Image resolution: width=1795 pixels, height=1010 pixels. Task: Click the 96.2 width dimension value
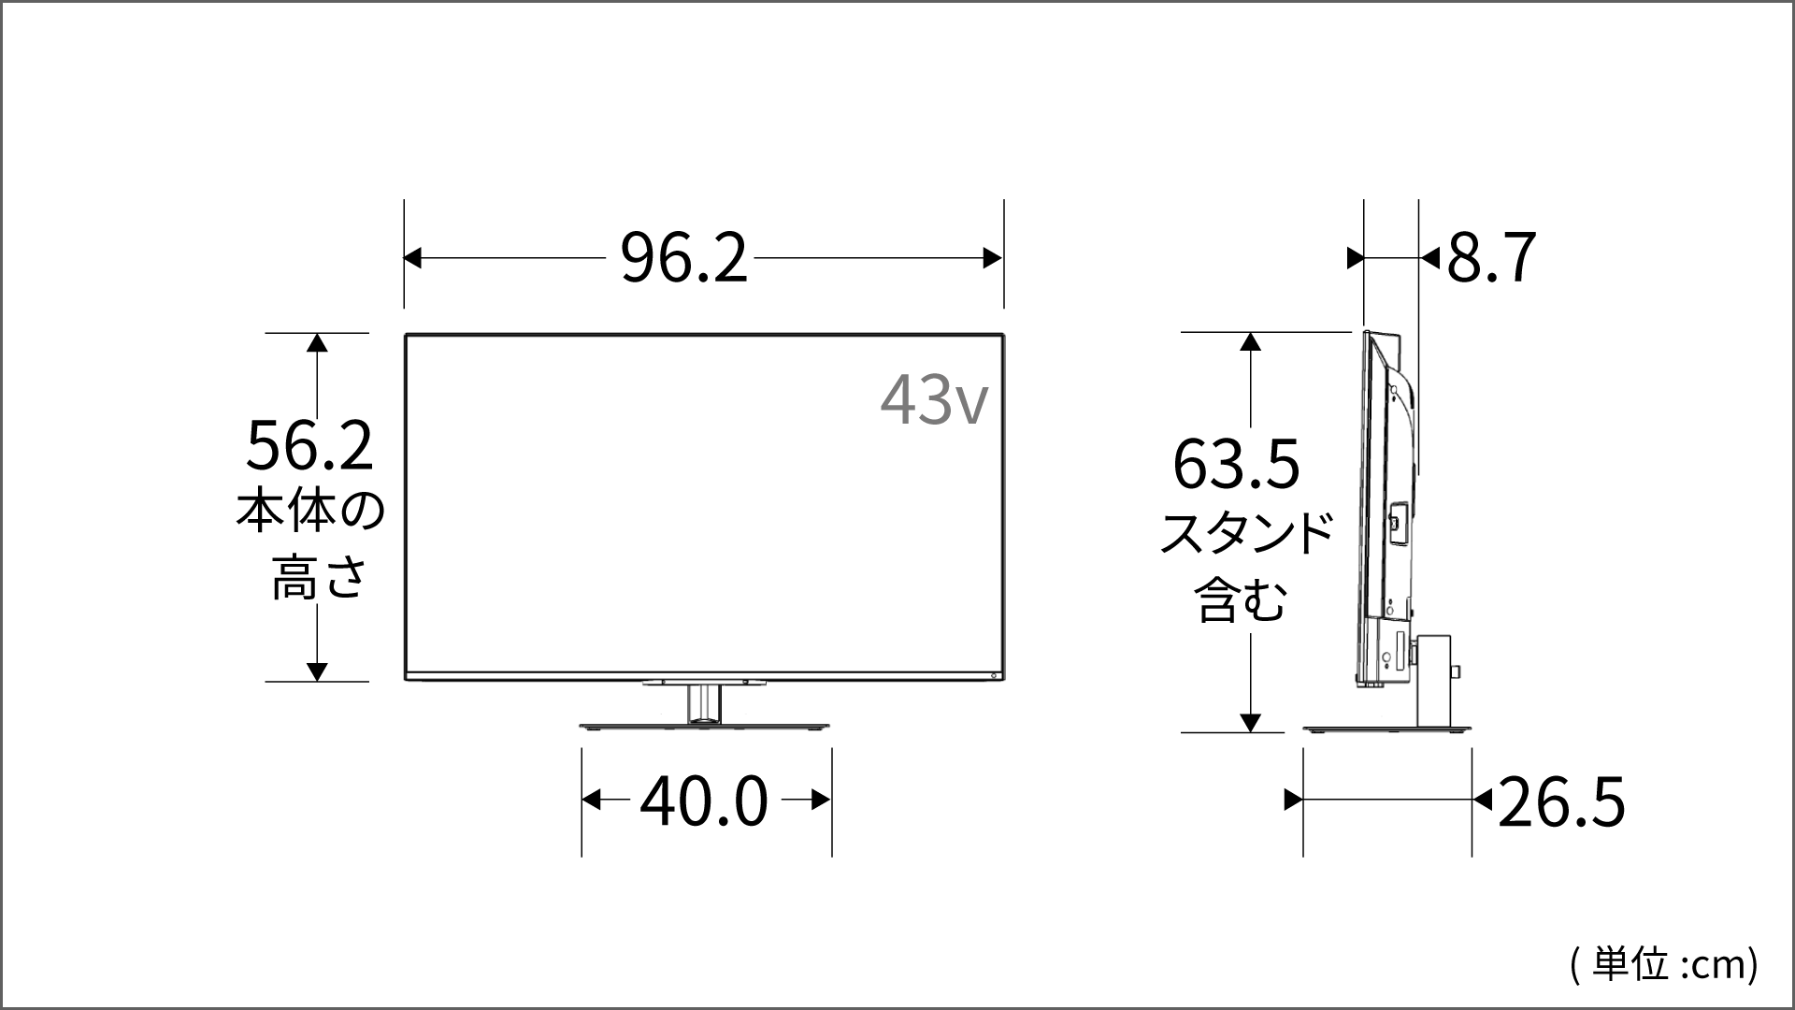pyautogui.click(x=684, y=258)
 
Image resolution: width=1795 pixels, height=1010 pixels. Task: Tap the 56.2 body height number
pyautogui.click(x=309, y=446)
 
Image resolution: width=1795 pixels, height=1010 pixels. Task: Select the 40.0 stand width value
pyautogui.click(x=703, y=801)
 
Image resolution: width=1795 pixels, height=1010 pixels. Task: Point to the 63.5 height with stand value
pyautogui.click(x=1236, y=465)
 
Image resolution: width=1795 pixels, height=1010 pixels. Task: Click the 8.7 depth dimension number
pyautogui.click(x=1491, y=258)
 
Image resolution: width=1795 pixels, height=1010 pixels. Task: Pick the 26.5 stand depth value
pyautogui.click(x=1561, y=801)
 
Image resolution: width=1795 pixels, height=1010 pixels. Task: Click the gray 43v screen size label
pyautogui.click(x=933, y=400)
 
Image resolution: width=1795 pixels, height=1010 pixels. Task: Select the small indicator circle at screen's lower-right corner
pyautogui.click(x=994, y=675)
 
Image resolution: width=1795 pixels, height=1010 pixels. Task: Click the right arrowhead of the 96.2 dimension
pyautogui.click(x=993, y=258)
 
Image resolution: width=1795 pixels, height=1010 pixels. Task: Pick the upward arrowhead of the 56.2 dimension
pyautogui.click(x=317, y=342)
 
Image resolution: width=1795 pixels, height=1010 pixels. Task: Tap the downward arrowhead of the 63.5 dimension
pyautogui.click(x=1250, y=722)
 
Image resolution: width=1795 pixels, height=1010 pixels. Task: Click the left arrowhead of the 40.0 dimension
pyautogui.click(x=591, y=800)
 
